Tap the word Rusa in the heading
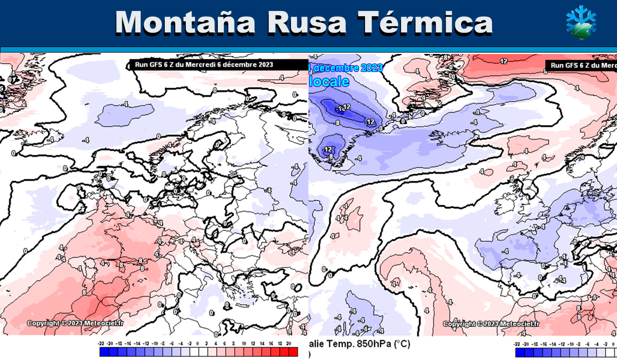[307, 23]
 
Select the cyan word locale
[330, 82]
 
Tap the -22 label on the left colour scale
[101, 343]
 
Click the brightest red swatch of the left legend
[293, 352]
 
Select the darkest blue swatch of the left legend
[104, 352]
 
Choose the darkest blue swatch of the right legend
[520, 352]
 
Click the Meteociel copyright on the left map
[76, 323]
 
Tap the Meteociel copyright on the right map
[491, 324]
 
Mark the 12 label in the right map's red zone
[504, 61]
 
